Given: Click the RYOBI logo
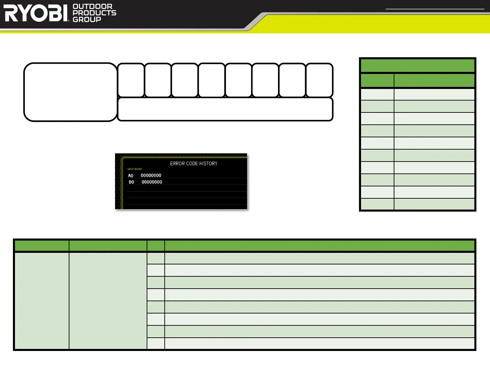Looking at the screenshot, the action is click(37, 13).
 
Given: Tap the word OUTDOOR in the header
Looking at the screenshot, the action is click(93, 6).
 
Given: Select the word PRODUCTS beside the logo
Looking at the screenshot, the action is click(95, 13).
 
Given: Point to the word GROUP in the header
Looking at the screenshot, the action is click(87, 19).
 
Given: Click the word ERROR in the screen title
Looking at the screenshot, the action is click(177, 164).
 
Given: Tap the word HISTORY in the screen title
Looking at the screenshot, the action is click(208, 164).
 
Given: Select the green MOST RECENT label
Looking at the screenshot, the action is click(135, 169).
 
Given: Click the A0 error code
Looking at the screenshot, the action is click(131, 175).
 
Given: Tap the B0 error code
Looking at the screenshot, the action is click(131, 182).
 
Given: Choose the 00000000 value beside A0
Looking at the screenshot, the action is click(151, 175).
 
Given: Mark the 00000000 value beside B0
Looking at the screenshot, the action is click(152, 182).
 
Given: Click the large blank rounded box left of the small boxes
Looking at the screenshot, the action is click(70, 92).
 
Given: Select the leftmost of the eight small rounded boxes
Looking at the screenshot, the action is click(131, 80).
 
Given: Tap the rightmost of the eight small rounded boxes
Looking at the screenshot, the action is click(319, 80).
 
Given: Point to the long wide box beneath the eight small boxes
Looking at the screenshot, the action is click(225, 109).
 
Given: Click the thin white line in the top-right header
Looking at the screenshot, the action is click(435, 9).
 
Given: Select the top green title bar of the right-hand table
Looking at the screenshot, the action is click(418, 65).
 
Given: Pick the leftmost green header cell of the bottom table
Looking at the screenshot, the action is click(42, 246).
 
